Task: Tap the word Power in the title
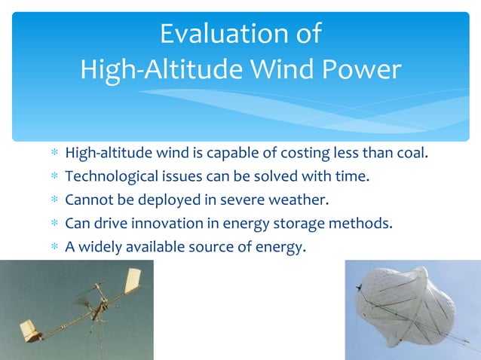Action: point(360,70)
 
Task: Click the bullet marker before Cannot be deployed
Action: point(54,201)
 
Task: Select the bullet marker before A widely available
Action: point(54,246)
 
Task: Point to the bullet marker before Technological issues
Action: point(54,178)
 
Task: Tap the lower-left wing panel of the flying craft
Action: point(31,330)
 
